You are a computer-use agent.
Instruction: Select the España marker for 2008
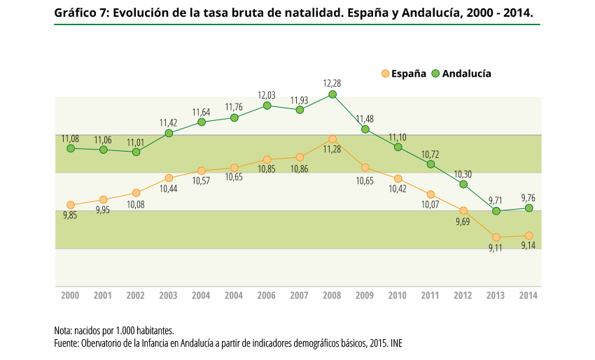click(332, 139)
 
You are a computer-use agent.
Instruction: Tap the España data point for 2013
click(496, 237)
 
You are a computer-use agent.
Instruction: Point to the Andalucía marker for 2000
click(71, 148)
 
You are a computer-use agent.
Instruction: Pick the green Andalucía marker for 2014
click(529, 208)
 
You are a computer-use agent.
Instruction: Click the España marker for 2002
click(136, 192)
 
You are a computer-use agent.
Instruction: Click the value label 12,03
click(267, 95)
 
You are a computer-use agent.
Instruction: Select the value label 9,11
click(496, 249)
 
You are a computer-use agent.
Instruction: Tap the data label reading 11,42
click(169, 122)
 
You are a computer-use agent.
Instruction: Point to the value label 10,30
click(463, 174)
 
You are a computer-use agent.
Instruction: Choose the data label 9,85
click(70, 216)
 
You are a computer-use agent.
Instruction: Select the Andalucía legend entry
click(461, 73)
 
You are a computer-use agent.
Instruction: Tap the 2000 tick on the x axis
click(70, 296)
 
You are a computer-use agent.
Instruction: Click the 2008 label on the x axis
click(332, 296)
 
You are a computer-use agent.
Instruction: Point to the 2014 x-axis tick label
click(528, 296)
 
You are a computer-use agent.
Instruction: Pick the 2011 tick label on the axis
click(430, 296)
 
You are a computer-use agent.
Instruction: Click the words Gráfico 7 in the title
click(78, 13)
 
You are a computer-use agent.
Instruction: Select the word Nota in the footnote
click(63, 330)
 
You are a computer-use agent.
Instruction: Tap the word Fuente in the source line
click(66, 343)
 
